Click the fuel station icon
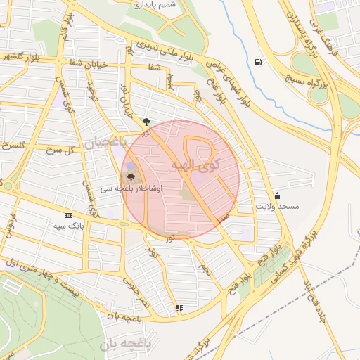tap(259, 62)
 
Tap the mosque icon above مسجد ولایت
tap(278, 195)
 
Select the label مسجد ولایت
tap(278, 207)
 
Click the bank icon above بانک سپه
tap(68, 215)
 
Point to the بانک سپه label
tap(68, 226)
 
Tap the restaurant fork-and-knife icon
tap(180, 308)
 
